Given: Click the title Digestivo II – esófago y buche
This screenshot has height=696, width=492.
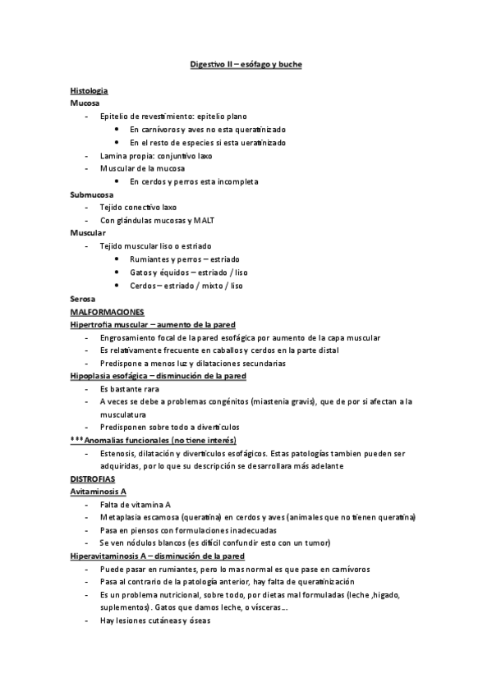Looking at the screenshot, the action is pyautogui.click(x=246, y=64).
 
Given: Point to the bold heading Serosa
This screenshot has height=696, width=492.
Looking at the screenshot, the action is pyautogui.click(x=84, y=299).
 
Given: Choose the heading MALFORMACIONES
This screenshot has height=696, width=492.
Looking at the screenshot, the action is pyautogui.click(x=108, y=312).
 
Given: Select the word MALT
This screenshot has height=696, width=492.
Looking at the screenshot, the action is pyautogui.click(x=204, y=221).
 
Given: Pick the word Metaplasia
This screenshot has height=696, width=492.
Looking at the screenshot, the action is pyautogui.click(x=122, y=517).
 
